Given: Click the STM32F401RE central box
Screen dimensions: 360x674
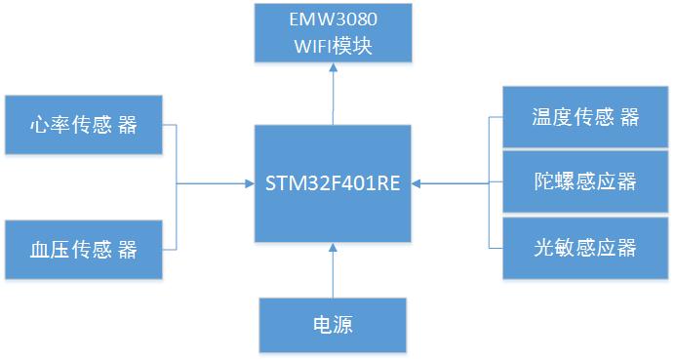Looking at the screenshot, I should pos(333,183).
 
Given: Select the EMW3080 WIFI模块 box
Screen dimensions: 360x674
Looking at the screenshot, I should pos(332,33).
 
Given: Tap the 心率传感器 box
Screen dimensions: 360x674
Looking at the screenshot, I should pos(83,125).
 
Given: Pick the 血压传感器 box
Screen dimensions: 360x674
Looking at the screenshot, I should pos(83,249).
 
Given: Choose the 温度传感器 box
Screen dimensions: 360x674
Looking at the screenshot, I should pos(572,117).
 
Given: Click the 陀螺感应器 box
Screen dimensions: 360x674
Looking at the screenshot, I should pos(572,181).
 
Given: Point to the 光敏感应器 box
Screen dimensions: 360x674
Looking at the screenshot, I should pos(572,247).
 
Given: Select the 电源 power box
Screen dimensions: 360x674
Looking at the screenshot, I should pos(333,325).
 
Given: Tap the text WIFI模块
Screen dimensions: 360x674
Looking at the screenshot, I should pos(332,46).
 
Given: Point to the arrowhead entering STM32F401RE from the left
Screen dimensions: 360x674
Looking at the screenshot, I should pos(248,182).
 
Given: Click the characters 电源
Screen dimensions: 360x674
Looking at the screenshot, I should pos(333,325).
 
